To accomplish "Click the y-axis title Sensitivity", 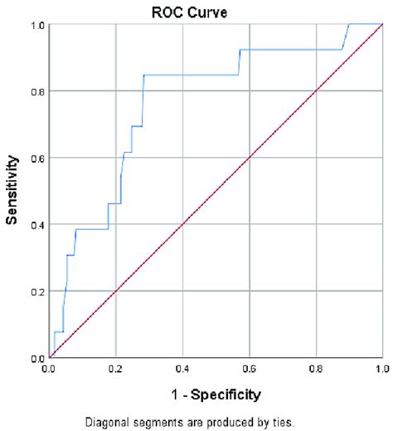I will point(13,192).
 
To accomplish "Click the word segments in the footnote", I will point(177,421).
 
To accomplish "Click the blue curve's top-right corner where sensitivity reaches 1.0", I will point(349,24).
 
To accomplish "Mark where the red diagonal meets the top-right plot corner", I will point(381,24).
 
